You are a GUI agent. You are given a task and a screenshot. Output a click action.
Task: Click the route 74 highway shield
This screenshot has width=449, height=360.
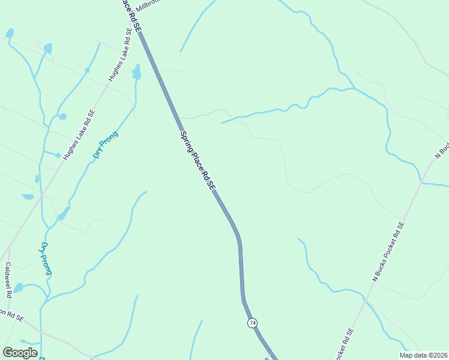coord(252,323)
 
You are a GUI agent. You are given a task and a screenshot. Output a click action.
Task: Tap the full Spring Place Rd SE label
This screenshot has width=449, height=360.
coord(197,161)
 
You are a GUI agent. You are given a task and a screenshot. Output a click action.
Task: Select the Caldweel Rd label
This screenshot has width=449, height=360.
coord(8,280)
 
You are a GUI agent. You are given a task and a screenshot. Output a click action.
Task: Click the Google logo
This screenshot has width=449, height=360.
coord(20,353)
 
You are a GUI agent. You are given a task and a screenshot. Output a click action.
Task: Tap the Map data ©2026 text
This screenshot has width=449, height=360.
coord(423,355)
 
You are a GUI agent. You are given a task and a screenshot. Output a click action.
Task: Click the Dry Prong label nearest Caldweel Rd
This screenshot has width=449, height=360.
coord(46,259)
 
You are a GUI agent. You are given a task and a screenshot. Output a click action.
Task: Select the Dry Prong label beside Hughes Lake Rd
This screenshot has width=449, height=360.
coord(105,145)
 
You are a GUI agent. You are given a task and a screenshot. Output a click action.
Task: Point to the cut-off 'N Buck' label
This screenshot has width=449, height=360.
coord(442,151)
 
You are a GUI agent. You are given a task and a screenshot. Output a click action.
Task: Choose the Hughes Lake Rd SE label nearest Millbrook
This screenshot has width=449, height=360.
coord(119,59)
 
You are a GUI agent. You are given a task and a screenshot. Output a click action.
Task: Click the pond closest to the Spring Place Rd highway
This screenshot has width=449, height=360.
coord(136,72)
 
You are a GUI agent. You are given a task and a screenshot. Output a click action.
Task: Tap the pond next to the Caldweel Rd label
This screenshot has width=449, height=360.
coord(18,288)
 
